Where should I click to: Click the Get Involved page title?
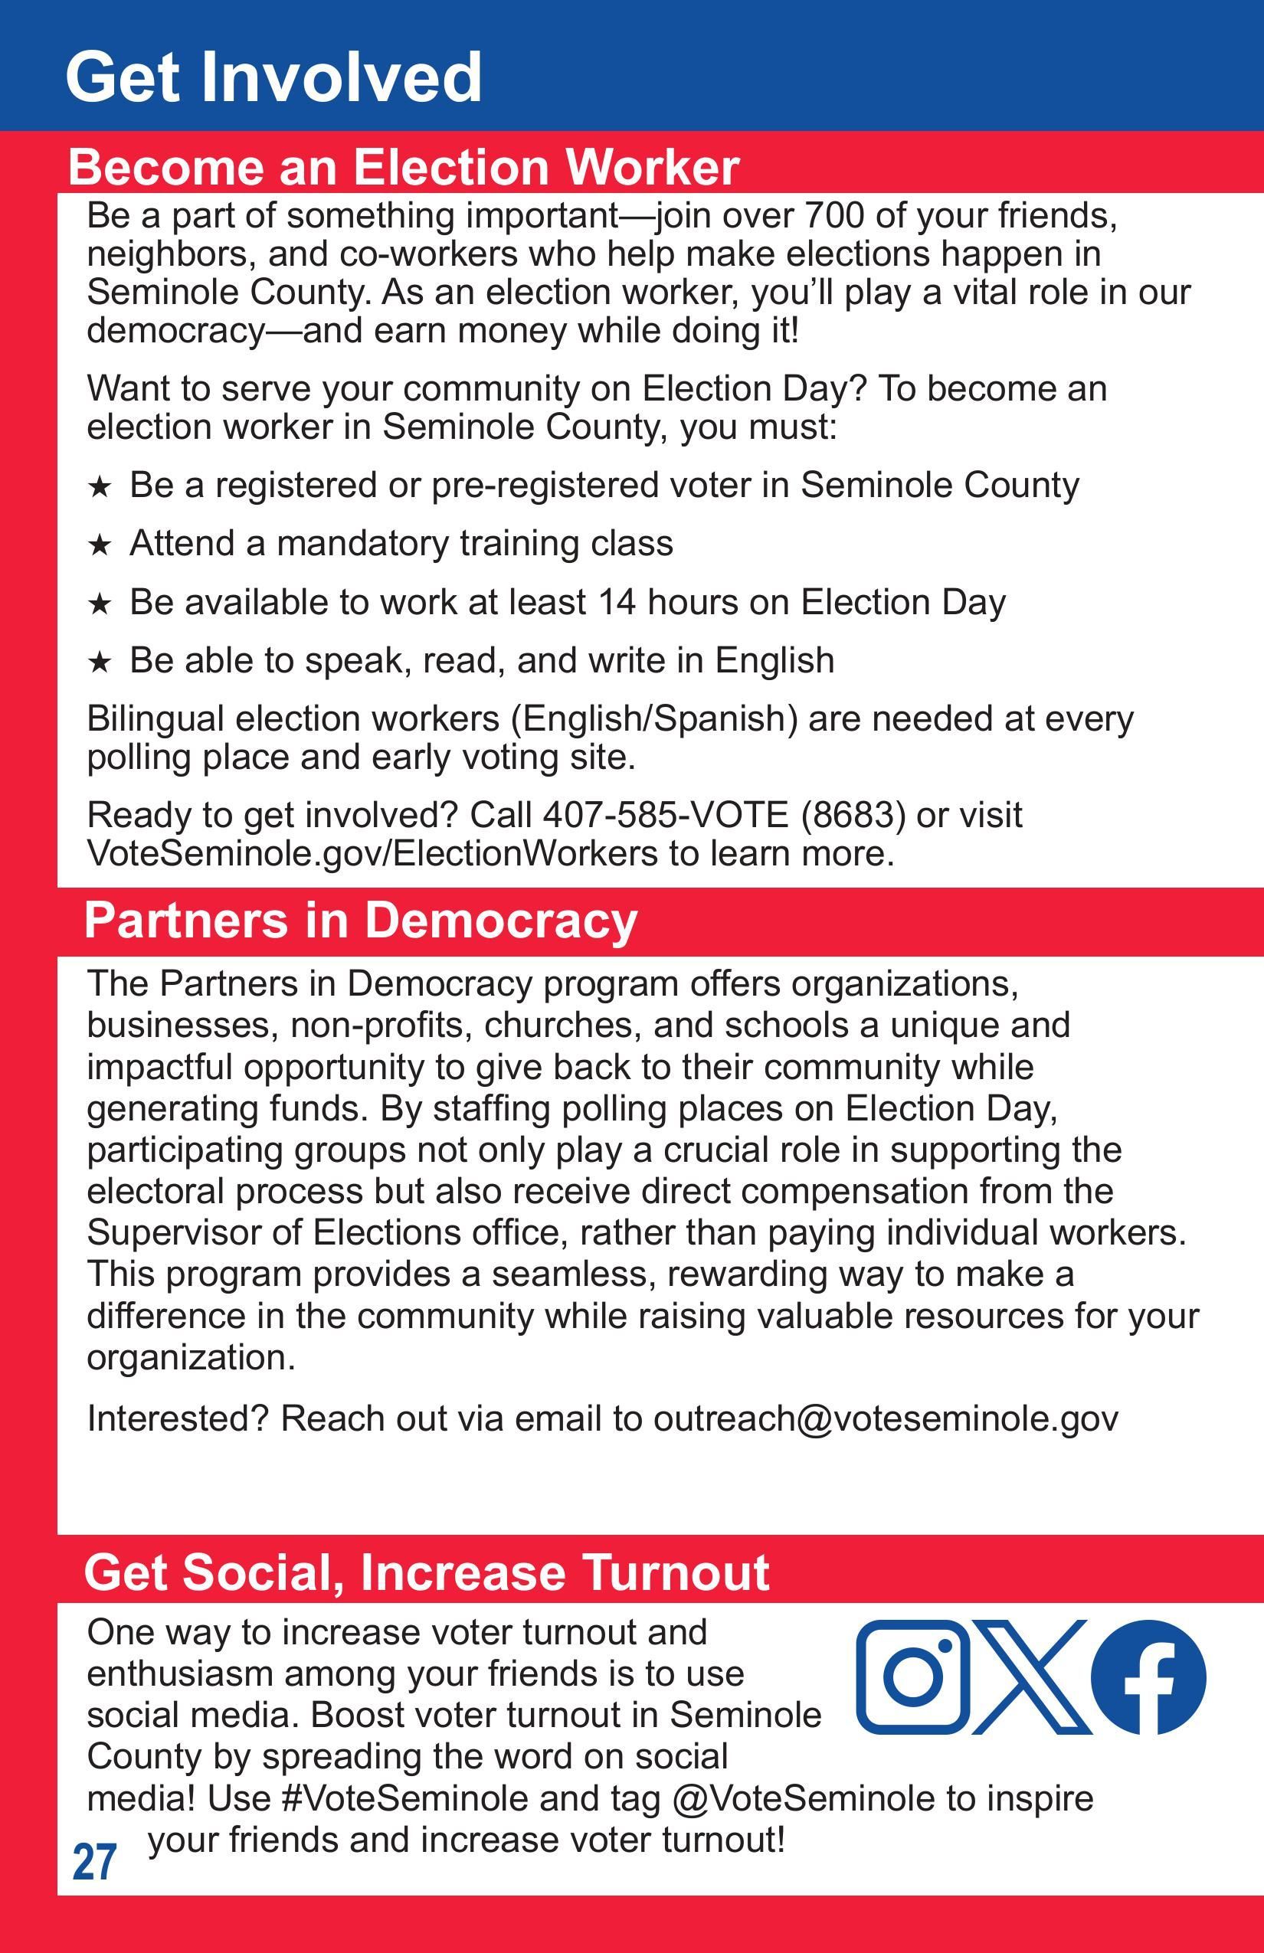[273, 77]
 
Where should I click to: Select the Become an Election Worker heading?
[403, 167]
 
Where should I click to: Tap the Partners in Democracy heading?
[360, 920]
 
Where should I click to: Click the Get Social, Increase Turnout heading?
[426, 1572]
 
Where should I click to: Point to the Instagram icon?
[912, 1677]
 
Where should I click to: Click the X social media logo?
[1031, 1677]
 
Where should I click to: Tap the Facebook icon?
[1148, 1677]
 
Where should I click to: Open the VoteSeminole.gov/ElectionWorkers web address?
[372, 853]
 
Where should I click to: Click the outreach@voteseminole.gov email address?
[885, 1418]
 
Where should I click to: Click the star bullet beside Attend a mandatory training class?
[100, 544]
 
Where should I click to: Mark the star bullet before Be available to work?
[100, 604]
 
